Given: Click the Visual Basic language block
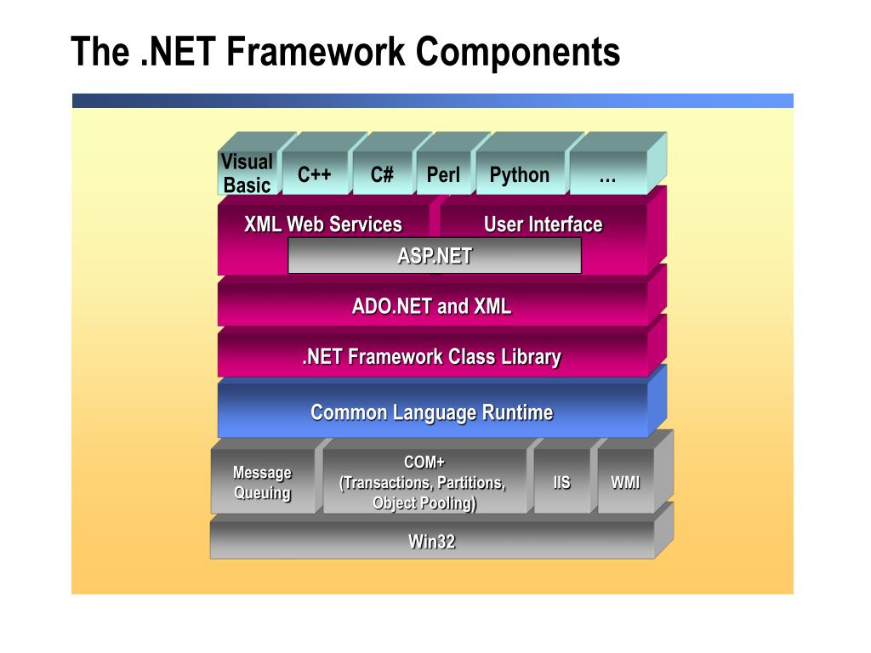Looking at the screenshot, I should tap(247, 173).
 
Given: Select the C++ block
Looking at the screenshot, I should tap(314, 175).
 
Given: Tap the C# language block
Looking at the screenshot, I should tap(382, 175).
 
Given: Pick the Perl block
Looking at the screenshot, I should tap(442, 175).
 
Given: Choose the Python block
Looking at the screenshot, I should tap(519, 175).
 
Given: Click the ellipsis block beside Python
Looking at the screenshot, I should tap(607, 175).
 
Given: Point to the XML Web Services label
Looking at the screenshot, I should tap(322, 224).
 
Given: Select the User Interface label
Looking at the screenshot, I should tap(543, 224).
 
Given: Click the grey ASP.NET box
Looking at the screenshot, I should tap(434, 255).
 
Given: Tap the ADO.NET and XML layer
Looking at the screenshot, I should tap(431, 306).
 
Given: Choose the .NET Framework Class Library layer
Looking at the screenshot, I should tap(431, 356).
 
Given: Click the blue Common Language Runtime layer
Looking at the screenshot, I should tap(431, 412).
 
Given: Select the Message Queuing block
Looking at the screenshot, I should tap(262, 483).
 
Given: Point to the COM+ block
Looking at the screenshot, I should tap(424, 483).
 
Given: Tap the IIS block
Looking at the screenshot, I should tap(561, 483).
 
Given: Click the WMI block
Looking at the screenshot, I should tap(625, 483).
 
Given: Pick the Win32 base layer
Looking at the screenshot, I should tap(431, 541).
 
